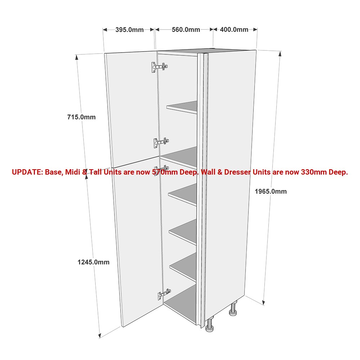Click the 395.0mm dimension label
(130, 30)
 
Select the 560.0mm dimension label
(186, 30)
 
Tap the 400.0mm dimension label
(234, 30)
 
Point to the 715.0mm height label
(81, 117)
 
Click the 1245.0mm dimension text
(94, 262)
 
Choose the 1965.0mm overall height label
(271, 192)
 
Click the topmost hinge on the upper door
(159, 67)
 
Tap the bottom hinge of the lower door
(164, 294)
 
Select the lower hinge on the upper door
(161, 143)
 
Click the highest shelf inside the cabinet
(182, 107)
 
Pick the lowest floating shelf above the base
(183, 267)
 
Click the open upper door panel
(132, 109)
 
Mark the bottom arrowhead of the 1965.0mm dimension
(264, 302)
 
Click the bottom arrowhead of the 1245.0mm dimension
(100, 336)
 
